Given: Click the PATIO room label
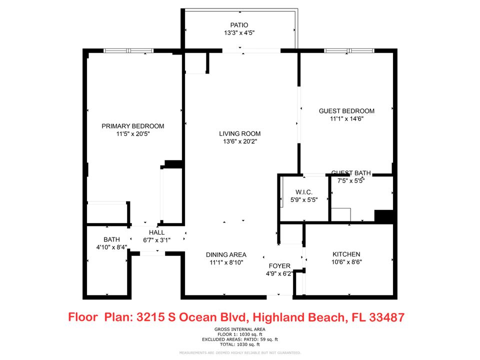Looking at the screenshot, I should point(239,25).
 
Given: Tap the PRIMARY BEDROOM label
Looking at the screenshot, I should point(132,126).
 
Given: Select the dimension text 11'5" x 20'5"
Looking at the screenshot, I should point(132,134).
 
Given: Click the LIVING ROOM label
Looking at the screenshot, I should point(239,133).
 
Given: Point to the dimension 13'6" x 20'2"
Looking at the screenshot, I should point(239,141).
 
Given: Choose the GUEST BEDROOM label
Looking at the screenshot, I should point(346,111).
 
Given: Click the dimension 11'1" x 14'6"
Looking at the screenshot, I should point(346,119).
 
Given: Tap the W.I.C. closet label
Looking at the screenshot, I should point(303,191).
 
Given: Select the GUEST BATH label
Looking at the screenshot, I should point(351,173).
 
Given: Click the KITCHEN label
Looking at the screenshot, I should point(346,254).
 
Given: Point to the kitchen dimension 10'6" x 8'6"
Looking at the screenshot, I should point(346,262).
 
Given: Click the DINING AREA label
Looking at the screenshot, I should point(226,254).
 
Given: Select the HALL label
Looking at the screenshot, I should point(156,232).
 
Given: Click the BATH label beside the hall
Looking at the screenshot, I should point(111,239).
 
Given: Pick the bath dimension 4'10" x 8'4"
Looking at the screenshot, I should point(111,247).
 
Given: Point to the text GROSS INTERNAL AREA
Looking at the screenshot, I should point(239,329).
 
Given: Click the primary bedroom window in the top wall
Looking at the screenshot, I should point(128,50).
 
